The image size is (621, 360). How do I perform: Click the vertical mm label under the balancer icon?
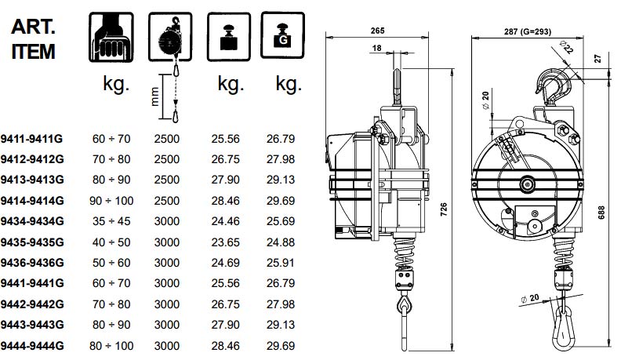coord(155,97)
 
